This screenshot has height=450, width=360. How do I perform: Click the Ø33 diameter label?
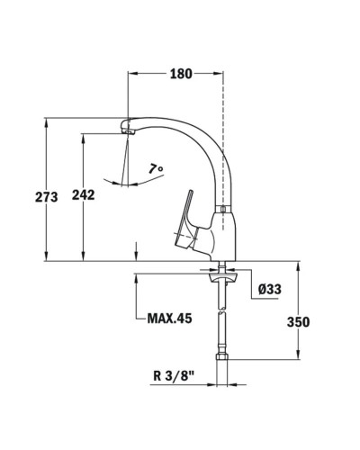point(272,290)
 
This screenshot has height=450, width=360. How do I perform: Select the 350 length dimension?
point(299,322)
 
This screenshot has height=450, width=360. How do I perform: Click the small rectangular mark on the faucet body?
point(222,211)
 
